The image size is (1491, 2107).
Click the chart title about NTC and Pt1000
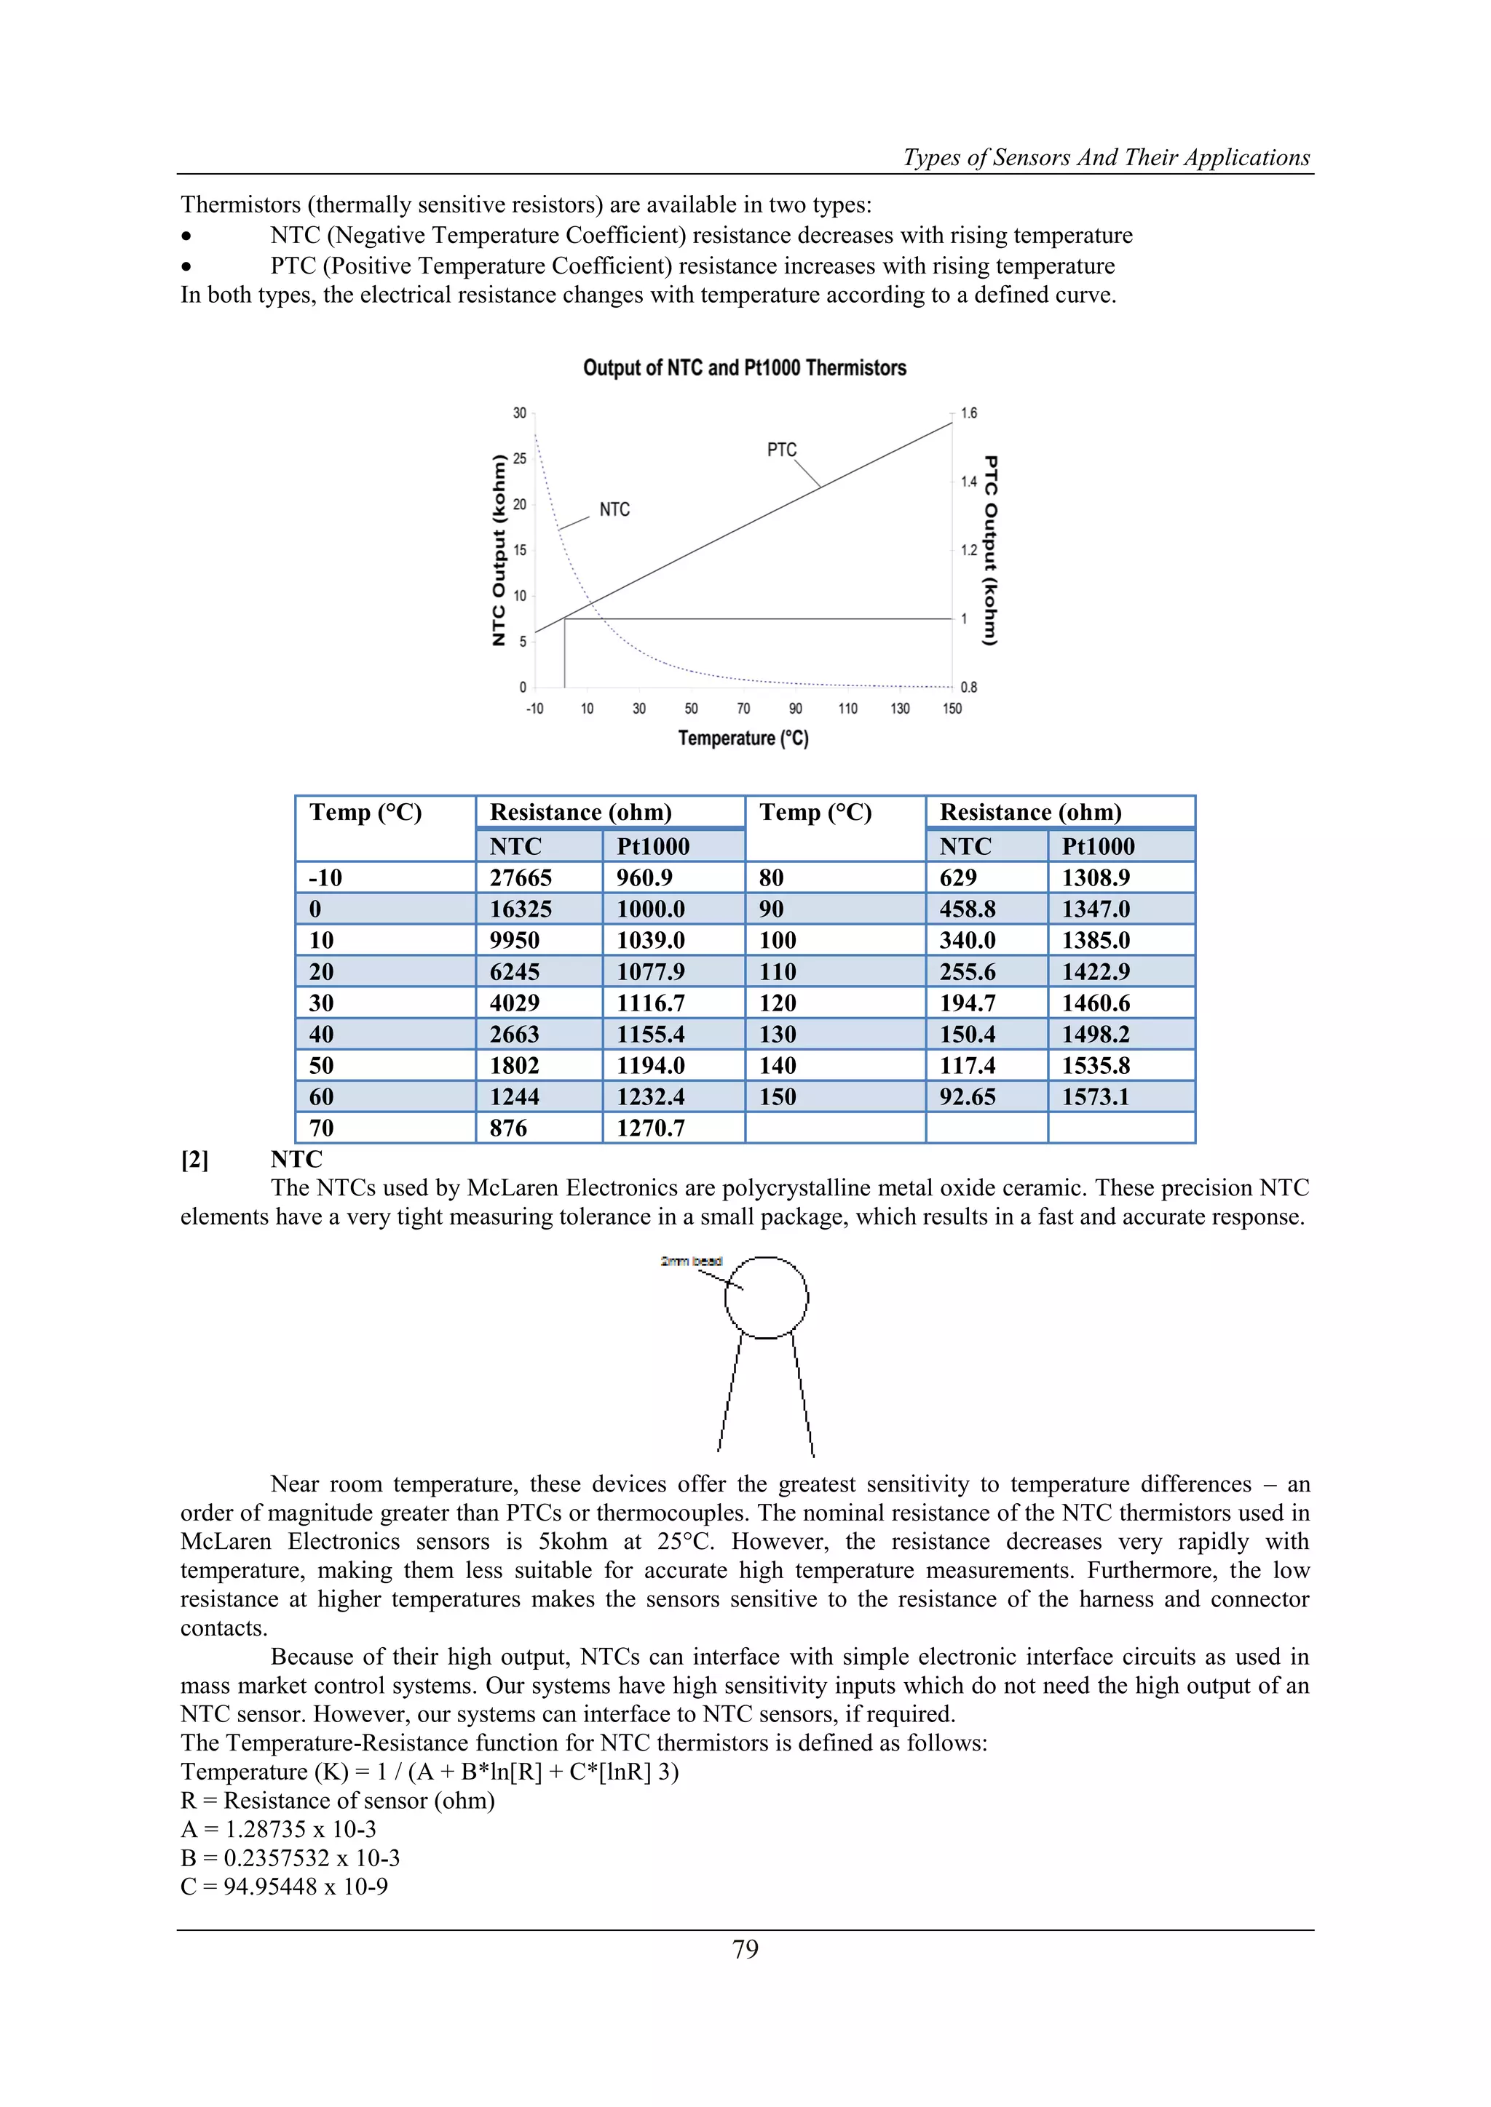[745, 368]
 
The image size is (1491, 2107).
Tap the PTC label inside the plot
[781, 450]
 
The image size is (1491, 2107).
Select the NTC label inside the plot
[614, 509]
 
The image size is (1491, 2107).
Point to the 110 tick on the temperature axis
[847, 709]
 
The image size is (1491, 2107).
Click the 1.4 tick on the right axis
[968, 482]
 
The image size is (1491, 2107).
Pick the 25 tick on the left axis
[520, 459]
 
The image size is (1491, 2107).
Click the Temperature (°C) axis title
[743, 738]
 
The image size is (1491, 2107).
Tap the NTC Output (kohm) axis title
[499, 551]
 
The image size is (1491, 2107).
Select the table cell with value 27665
[521, 878]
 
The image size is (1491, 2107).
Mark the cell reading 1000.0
[650, 909]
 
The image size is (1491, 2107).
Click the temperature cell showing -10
[326, 878]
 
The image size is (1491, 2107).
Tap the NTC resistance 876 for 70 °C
[509, 1128]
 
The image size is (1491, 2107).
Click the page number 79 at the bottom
[745, 1948]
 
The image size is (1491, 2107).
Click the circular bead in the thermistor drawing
[767, 1298]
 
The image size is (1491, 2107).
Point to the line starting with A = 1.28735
[278, 1829]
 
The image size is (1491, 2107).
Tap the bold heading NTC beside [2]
[296, 1159]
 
